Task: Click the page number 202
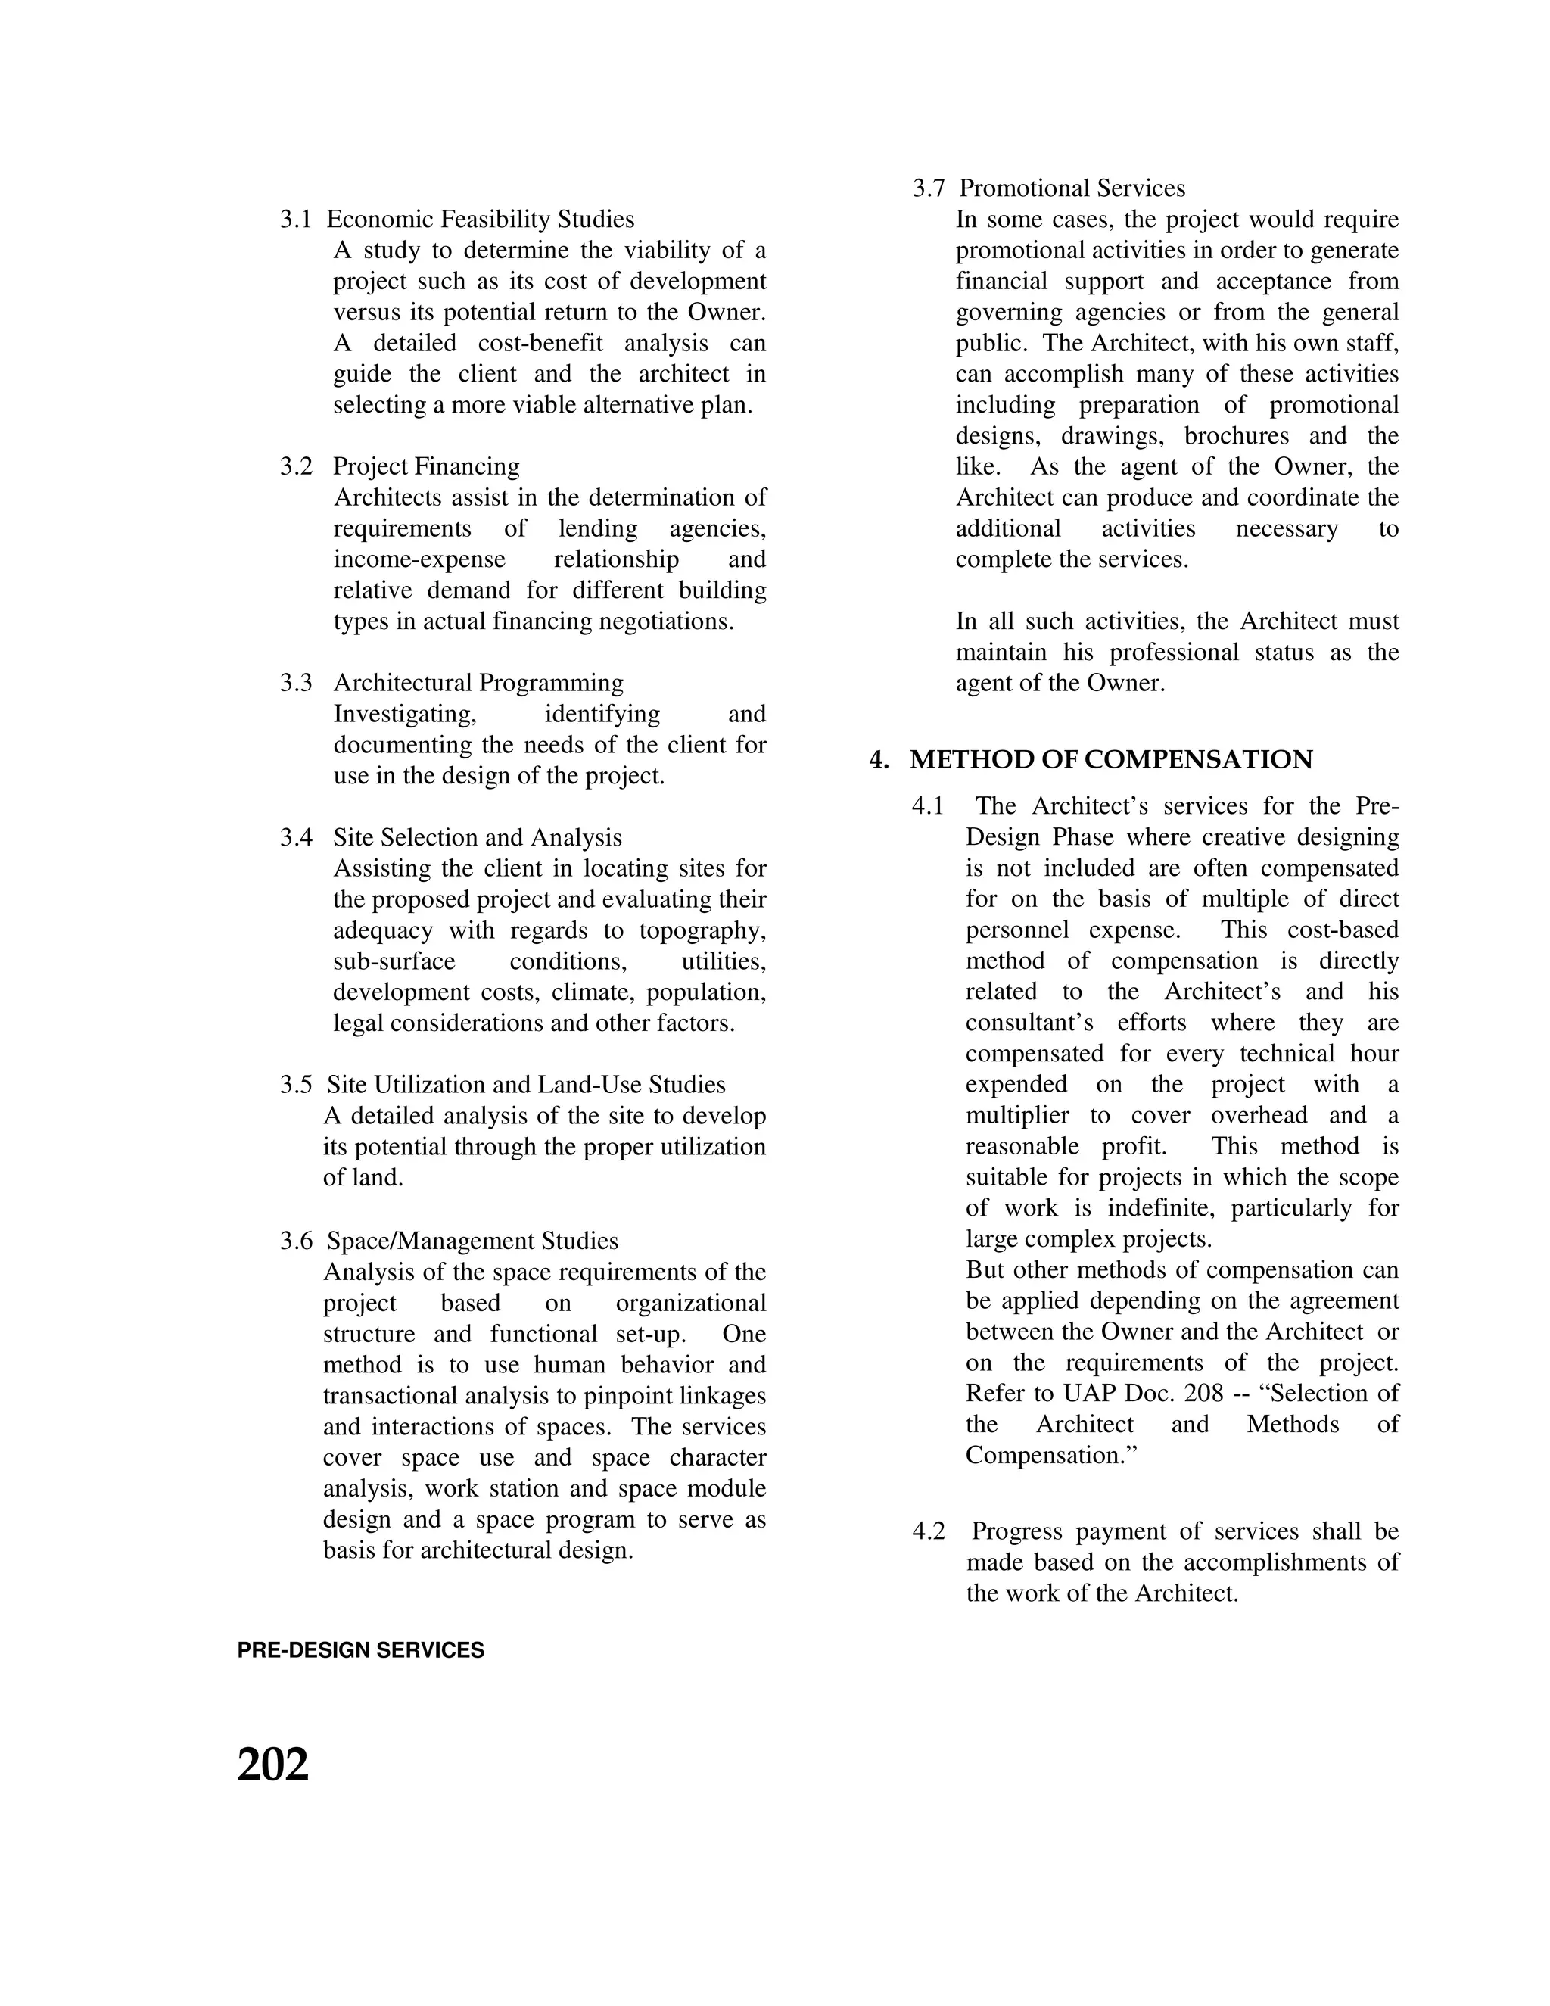tap(272, 1765)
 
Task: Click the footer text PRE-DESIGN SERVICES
tap(360, 1650)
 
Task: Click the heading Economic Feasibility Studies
tap(481, 220)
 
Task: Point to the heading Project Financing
tap(426, 466)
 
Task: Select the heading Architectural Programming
tap(478, 683)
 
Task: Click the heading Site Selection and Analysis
tap(478, 838)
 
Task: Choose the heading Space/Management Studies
tap(473, 1241)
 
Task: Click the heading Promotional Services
tap(1072, 188)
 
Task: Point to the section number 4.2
tap(929, 1531)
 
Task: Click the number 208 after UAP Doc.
tap(1204, 1394)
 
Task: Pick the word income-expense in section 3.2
tap(419, 559)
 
